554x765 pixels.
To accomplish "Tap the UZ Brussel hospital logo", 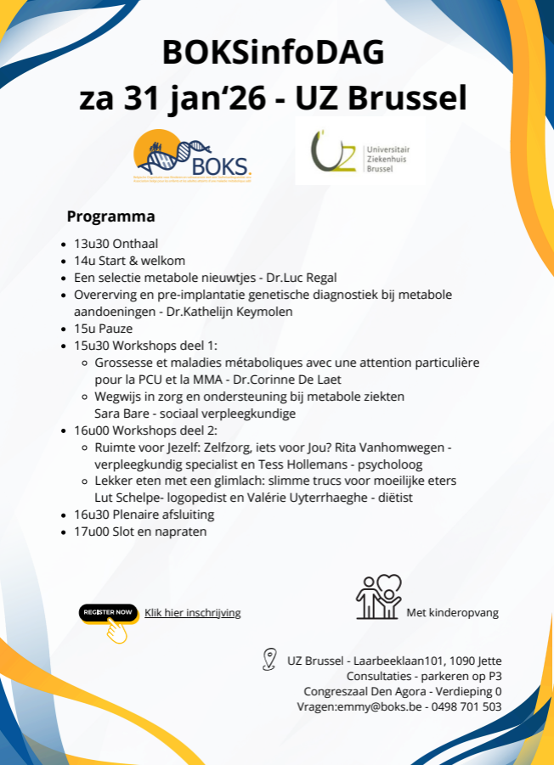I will [359, 153].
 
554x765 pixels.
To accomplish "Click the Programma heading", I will [110, 216].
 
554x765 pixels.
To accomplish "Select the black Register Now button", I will [108, 612].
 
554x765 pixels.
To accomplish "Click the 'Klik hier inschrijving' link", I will [192, 612].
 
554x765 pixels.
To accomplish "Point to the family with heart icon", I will [379, 597].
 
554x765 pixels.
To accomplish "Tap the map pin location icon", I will [270, 660].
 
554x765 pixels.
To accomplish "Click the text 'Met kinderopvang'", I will [452, 612].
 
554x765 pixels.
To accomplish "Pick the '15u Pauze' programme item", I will [103, 329].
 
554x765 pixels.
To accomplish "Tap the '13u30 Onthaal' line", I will [116, 244].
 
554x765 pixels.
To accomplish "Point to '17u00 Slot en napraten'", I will [139, 532].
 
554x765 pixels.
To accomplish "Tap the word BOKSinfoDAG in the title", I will [274, 53].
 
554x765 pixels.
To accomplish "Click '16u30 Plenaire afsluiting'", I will [144, 515].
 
